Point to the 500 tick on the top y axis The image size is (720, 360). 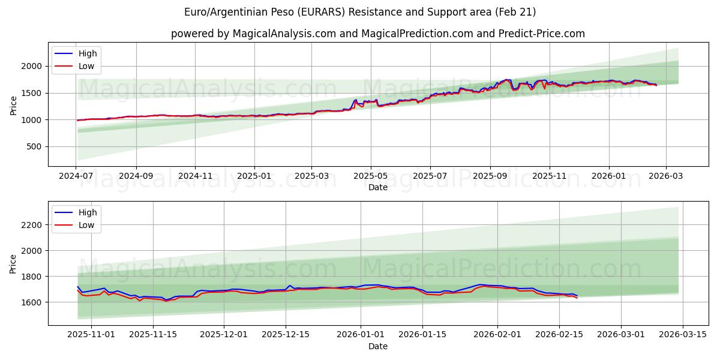click(35, 147)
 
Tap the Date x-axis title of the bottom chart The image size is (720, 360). click(378, 346)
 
